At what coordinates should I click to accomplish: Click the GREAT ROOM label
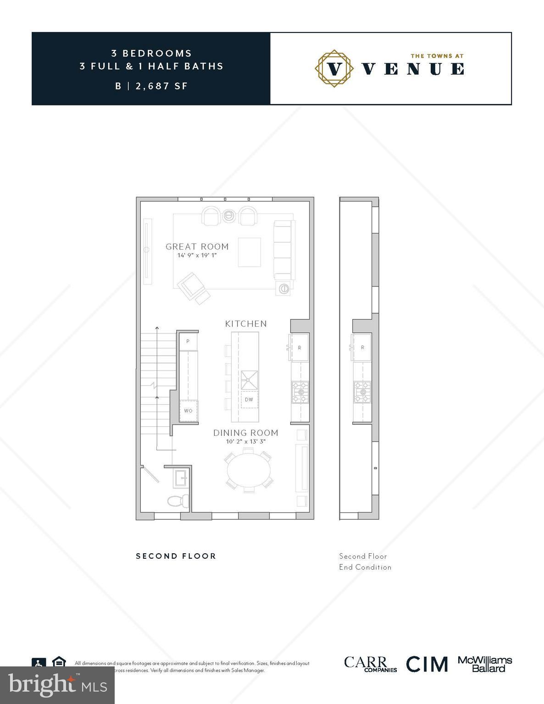[197, 247]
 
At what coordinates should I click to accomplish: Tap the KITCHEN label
[246, 324]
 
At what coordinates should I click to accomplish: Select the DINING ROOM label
[246, 433]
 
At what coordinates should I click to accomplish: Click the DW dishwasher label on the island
[249, 399]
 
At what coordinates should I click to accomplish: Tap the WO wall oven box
[189, 410]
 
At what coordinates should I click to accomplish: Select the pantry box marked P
[188, 341]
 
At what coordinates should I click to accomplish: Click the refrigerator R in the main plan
[300, 347]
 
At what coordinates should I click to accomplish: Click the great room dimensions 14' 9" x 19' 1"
[197, 255]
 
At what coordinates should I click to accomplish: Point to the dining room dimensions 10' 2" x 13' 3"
[246, 442]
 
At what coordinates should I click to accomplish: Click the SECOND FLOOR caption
[176, 556]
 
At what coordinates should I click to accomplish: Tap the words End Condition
[365, 567]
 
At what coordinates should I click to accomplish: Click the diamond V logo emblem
[335, 68]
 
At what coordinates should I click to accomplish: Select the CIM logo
[427, 664]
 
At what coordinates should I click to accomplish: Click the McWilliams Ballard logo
[485, 664]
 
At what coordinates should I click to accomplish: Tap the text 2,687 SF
[161, 86]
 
